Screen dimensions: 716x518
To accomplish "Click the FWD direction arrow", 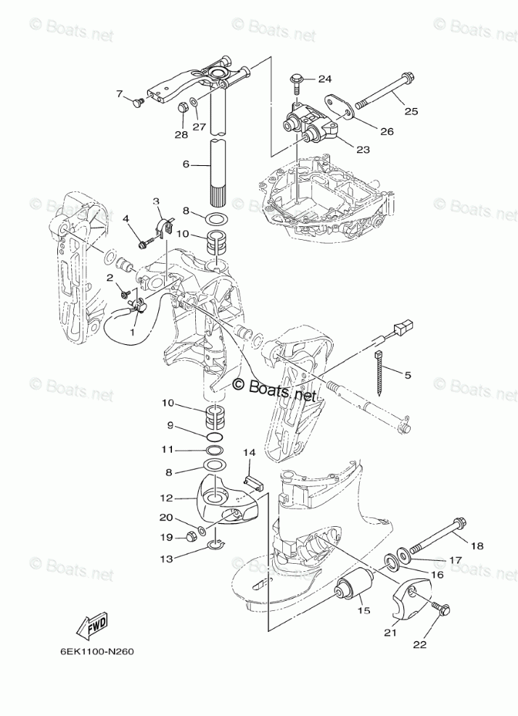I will pyautogui.click(x=92, y=625).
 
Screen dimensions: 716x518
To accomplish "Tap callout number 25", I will pyautogui.click(x=411, y=111).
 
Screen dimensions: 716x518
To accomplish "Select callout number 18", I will pyautogui.click(x=478, y=546).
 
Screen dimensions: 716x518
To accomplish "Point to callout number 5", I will pyautogui.click(x=407, y=375).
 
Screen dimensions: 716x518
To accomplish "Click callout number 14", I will pyautogui.click(x=249, y=453).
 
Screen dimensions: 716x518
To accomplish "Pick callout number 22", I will pyautogui.click(x=420, y=643).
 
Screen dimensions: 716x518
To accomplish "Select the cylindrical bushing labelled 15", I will pyautogui.click(x=355, y=584).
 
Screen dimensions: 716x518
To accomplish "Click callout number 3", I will pyautogui.click(x=155, y=201).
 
